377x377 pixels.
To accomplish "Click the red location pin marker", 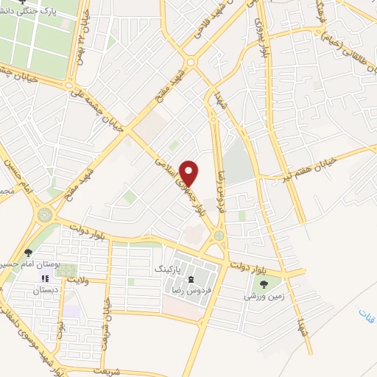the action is coord(189,173).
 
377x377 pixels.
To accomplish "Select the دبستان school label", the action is coord(45,291).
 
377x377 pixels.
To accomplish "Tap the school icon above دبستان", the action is coord(44,279).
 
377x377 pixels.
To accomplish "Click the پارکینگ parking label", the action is coord(166,270).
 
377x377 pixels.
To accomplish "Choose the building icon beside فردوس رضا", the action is coord(193,278).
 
